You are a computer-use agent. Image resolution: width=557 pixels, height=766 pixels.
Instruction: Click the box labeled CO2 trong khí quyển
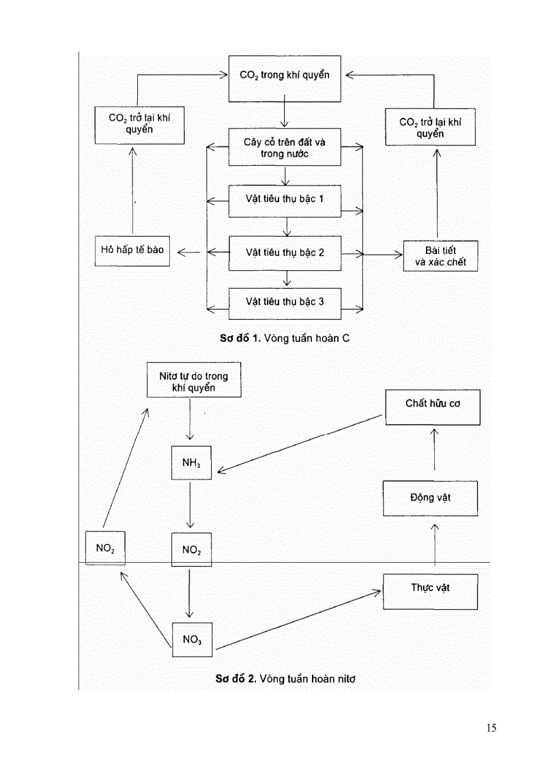point(285,75)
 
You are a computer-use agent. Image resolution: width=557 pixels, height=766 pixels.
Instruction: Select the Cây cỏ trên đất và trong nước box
point(285,147)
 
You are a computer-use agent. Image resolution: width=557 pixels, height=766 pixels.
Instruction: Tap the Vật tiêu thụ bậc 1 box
point(285,201)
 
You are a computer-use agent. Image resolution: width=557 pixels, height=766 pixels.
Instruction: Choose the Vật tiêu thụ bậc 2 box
point(285,252)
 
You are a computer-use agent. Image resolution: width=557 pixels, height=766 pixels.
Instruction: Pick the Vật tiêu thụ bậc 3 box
point(285,301)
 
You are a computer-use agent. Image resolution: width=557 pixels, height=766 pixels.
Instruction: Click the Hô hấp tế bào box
point(132,250)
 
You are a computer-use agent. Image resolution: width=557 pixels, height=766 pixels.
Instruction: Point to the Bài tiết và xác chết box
point(440,256)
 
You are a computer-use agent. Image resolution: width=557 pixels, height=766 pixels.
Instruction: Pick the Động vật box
point(430,498)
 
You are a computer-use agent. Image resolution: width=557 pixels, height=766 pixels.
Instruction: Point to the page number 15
point(491,728)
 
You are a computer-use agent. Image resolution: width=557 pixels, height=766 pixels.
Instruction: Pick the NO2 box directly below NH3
point(190,549)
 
